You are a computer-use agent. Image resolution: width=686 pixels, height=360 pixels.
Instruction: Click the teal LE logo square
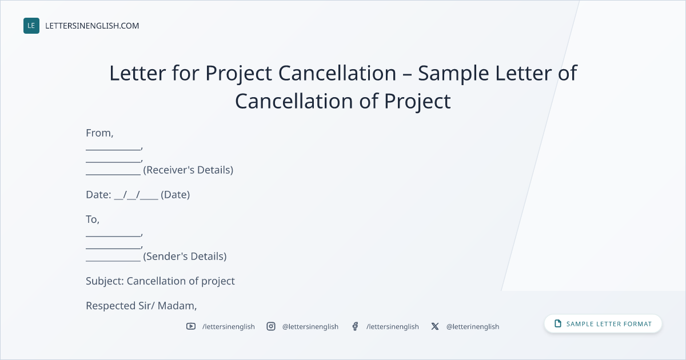pos(31,26)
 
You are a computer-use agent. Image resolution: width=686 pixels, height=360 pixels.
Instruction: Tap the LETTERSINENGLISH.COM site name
pos(92,26)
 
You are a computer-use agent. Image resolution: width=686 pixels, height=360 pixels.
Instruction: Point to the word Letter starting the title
pos(138,73)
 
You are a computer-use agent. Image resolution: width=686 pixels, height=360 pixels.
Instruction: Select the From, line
pos(99,133)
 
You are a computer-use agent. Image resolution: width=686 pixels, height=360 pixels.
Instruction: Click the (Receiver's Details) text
pos(188,170)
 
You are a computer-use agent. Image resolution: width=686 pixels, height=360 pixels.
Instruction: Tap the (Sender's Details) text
pos(185,256)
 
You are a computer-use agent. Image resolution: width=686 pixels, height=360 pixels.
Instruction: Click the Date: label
pos(98,195)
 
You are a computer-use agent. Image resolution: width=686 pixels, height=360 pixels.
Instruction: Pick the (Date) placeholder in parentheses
pos(175,195)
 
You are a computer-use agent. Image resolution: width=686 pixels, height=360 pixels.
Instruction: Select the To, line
pos(93,219)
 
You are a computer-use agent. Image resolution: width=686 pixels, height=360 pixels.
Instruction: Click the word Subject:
pos(105,281)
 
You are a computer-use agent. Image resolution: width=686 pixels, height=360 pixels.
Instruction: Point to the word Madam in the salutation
pos(176,306)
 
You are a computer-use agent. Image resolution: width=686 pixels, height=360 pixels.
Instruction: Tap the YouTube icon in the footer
pos(191,326)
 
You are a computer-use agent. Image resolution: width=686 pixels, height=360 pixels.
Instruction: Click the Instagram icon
pos(271,326)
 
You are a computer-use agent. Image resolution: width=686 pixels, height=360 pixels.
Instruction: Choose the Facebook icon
pos(355,326)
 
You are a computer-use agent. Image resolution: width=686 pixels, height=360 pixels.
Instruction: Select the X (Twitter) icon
pos(435,326)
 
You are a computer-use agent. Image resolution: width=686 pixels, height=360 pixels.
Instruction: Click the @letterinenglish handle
pos(473,327)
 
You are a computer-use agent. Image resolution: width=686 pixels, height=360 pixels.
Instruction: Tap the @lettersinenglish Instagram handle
pos(310,327)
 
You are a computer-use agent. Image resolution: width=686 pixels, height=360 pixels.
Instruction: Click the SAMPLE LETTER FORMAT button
pos(603,323)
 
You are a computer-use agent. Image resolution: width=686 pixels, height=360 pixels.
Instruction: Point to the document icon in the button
pos(558,323)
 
